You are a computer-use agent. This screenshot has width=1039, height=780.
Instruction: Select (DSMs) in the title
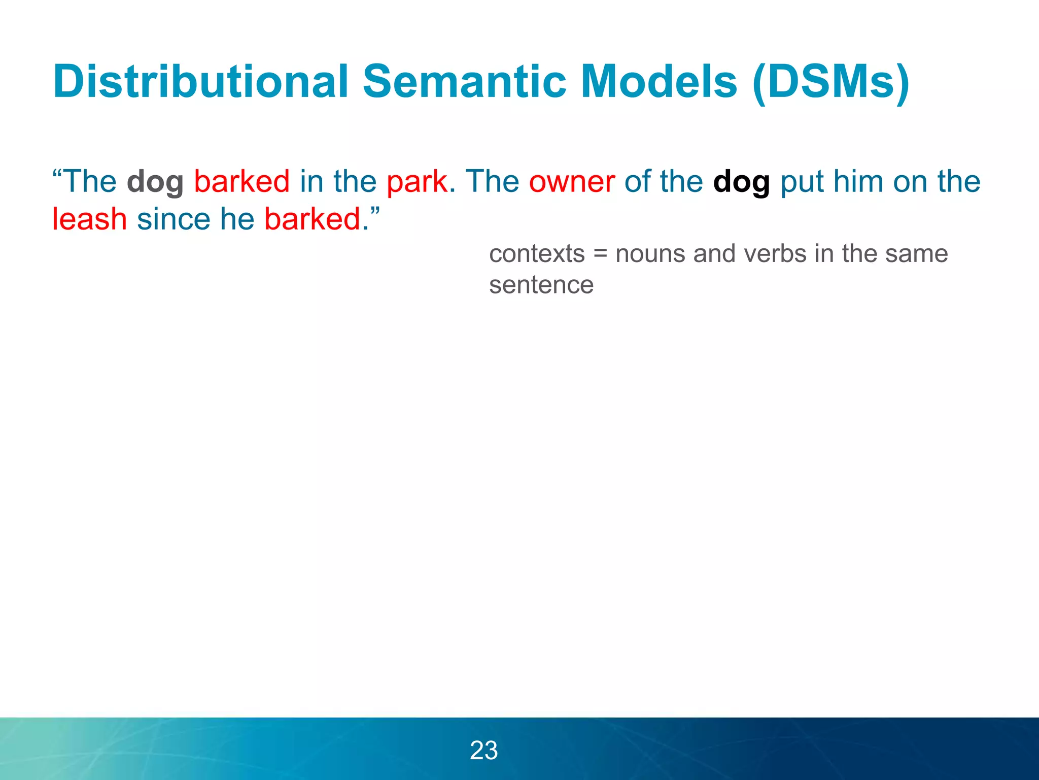[x=831, y=82]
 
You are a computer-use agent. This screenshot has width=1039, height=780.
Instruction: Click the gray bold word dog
[x=155, y=182]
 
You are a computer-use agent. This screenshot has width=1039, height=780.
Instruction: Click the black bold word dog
[x=741, y=182]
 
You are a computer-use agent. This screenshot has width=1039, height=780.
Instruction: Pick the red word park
[x=417, y=182]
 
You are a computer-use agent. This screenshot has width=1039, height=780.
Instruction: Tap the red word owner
[x=572, y=182]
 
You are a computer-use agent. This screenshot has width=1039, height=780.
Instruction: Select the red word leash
[x=89, y=219]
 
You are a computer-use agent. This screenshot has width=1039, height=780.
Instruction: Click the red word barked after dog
[x=241, y=182]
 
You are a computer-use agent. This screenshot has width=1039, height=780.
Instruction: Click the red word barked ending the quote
[x=313, y=219]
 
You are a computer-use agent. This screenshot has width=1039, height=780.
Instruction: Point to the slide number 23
[x=483, y=750]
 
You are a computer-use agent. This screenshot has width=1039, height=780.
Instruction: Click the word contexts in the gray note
[x=537, y=253]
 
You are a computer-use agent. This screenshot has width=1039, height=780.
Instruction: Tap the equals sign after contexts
[x=600, y=254]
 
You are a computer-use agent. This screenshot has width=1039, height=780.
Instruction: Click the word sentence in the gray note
[x=541, y=285]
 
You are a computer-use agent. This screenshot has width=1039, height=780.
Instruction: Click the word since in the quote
[x=174, y=219]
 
